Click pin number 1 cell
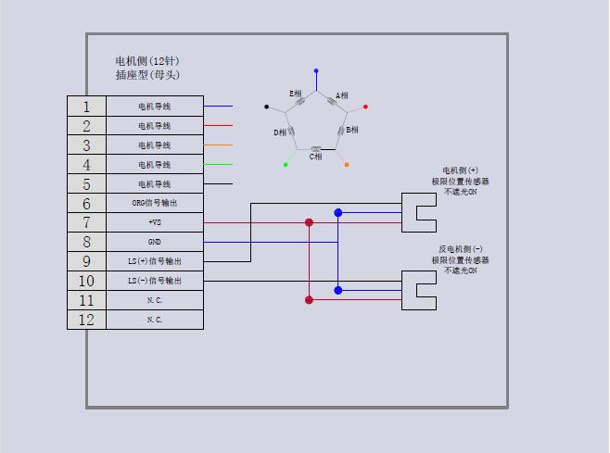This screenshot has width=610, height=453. pos(86,107)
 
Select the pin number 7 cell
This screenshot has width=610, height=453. pos(86,222)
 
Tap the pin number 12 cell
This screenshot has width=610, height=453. pos(86,320)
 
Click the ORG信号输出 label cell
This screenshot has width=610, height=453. pos(155,203)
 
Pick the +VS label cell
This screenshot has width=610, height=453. pos(155,222)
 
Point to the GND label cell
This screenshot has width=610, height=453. pos(155,242)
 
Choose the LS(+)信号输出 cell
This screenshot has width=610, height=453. pos(155,261)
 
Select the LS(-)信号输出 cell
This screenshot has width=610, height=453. pos(155,281)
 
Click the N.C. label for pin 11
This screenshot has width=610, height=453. pos(155,300)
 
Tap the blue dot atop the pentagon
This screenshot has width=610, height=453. pos(316,70)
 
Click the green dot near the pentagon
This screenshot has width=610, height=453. pos(286,164)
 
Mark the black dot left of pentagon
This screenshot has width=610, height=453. pos(267,107)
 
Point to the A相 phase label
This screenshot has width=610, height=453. pos(342,95)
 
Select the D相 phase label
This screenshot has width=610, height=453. pos(280,132)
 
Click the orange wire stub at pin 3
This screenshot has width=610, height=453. pos(218,145)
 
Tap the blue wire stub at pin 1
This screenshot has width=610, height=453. pos(218,107)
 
